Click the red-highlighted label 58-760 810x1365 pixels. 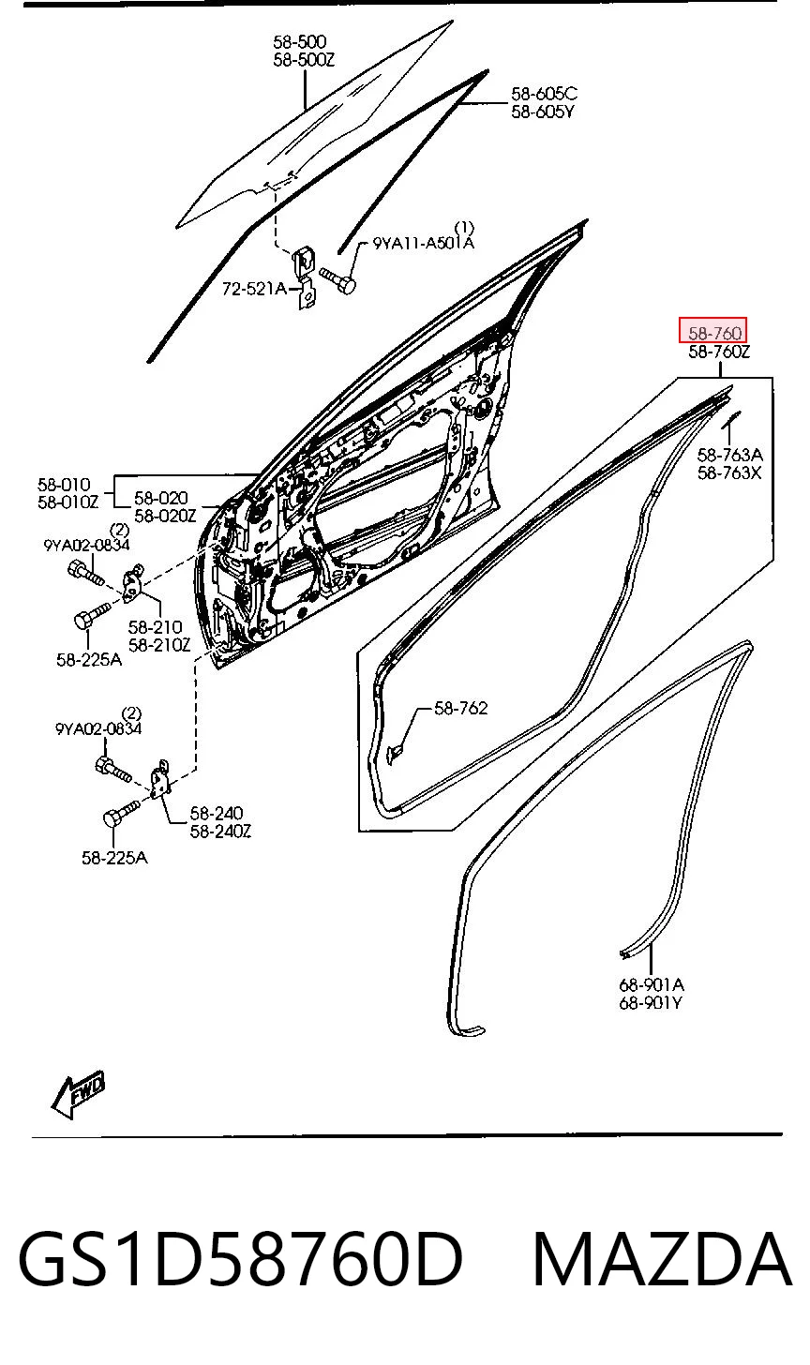click(x=713, y=332)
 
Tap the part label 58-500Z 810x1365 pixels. click(x=304, y=60)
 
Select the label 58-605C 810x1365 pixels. click(x=544, y=94)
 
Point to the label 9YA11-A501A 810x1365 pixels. click(x=423, y=244)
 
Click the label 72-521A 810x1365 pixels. click(x=254, y=288)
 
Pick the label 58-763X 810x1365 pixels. click(x=729, y=472)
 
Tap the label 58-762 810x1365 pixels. click(x=460, y=708)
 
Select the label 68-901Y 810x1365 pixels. click(x=651, y=1002)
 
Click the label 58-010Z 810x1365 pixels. click(x=67, y=502)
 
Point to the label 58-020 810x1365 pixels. click(x=161, y=499)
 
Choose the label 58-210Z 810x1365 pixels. click(x=159, y=645)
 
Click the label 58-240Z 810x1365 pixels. click(x=220, y=832)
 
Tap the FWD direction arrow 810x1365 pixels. click(x=78, y=1094)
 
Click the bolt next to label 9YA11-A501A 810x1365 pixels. click(x=337, y=279)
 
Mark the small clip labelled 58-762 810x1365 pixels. click(x=394, y=755)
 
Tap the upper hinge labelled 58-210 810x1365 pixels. click(x=133, y=583)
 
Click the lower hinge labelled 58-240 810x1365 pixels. click(x=160, y=780)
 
